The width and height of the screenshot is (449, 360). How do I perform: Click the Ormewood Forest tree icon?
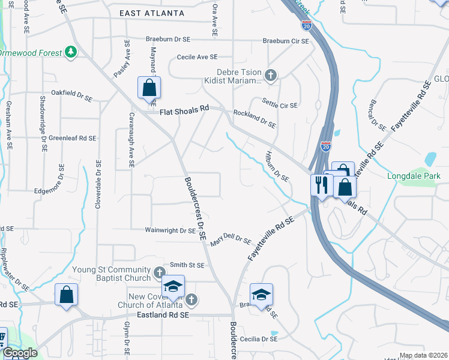click(71, 52)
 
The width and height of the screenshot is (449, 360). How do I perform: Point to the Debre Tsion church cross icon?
click(271, 75)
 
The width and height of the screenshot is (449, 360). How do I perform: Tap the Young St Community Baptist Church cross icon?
click(159, 273)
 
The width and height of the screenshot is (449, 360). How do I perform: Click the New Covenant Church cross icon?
click(191, 299)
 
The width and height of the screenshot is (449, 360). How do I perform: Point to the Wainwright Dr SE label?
click(170, 230)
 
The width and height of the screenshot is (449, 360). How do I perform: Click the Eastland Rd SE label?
click(163, 314)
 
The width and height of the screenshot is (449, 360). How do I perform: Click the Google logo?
click(21, 353)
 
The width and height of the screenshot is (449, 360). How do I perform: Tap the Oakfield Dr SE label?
click(72, 95)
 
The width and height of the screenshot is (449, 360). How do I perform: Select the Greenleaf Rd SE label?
click(72, 138)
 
